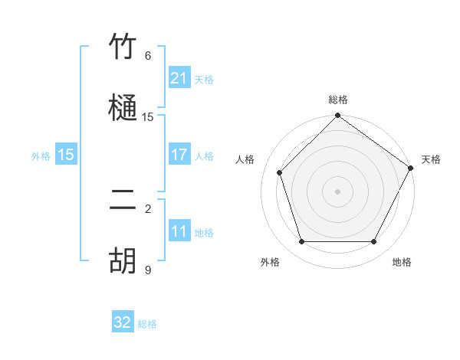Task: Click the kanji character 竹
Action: (x=123, y=47)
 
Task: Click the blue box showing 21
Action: (x=179, y=78)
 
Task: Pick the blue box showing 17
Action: (x=179, y=155)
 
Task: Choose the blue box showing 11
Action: (x=179, y=232)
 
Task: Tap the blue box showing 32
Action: (x=123, y=323)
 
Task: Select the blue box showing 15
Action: (x=66, y=155)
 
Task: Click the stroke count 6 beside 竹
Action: (x=148, y=56)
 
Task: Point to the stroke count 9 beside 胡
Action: (x=148, y=270)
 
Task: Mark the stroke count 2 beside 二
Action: (x=148, y=208)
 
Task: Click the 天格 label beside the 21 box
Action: (x=204, y=80)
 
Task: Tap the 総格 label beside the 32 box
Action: (x=147, y=325)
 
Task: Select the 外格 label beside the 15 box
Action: (x=41, y=156)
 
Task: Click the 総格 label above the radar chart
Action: (x=337, y=100)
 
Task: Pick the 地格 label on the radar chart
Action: (x=402, y=262)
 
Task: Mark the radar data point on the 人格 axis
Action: (x=280, y=172)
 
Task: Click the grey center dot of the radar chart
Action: (x=337, y=191)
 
